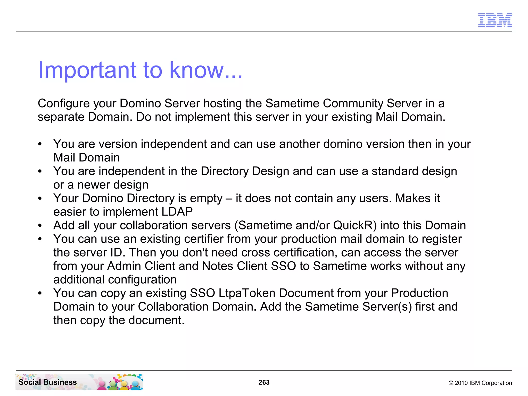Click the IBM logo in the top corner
[x=495, y=20]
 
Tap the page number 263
[x=264, y=382]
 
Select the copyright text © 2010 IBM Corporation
[x=480, y=383]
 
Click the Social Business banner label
[x=48, y=382]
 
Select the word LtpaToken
[x=247, y=293]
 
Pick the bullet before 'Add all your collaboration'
[x=40, y=226]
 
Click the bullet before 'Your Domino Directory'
[x=40, y=199]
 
